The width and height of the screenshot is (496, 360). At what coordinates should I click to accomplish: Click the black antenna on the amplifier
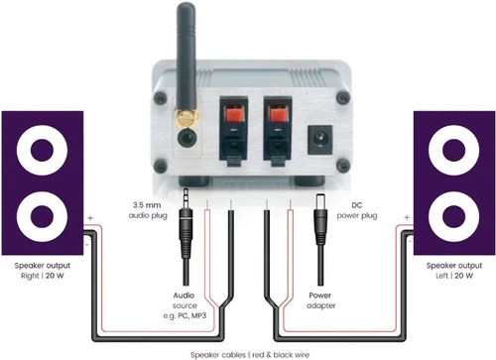[186, 57]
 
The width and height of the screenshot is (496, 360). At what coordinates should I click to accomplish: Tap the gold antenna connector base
[186, 118]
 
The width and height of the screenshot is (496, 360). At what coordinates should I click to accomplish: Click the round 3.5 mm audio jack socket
[187, 137]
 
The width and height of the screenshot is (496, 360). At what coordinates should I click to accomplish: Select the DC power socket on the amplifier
[319, 139]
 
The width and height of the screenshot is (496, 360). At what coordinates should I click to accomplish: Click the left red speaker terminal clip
[234, 115]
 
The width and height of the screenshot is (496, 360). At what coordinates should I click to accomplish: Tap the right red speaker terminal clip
[278, 115]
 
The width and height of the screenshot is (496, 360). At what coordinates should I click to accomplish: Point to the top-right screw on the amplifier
[343, 97]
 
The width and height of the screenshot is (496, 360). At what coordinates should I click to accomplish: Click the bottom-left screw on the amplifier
[161, 167]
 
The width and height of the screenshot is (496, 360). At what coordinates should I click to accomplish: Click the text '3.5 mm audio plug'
[148, 210]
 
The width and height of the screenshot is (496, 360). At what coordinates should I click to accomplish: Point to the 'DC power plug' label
[357, 210]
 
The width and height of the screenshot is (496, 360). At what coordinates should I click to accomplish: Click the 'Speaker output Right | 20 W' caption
[43, 271]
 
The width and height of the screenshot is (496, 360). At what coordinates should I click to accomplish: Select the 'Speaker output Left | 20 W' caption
[454, 271]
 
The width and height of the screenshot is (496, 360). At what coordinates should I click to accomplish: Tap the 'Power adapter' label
[320, 300]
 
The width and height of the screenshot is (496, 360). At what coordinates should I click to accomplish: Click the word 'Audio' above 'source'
[184, 296]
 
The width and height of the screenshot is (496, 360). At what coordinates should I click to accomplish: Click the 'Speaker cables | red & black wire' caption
[250, 355]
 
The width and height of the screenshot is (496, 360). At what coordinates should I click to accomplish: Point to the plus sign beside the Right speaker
[90, 218]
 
